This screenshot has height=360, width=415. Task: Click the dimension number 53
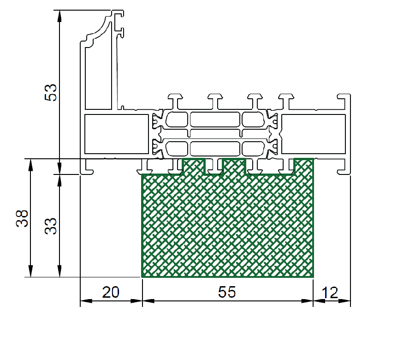(x=51, y=92)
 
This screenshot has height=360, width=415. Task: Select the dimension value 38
(x=22, y=219)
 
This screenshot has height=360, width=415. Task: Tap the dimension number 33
(x=51, y=226)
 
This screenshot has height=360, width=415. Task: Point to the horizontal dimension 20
(x=111, y=292)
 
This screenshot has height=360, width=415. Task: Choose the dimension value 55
(x=227, y=292)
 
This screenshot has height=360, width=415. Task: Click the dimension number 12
(x=330, y=293)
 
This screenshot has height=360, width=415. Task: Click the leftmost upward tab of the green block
(x=194, y=166)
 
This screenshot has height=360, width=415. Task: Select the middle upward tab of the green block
(x=234, y=166)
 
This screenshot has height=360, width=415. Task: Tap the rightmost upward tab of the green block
(x=304, y=166)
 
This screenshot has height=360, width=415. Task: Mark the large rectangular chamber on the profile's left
(x=117, y=134)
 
